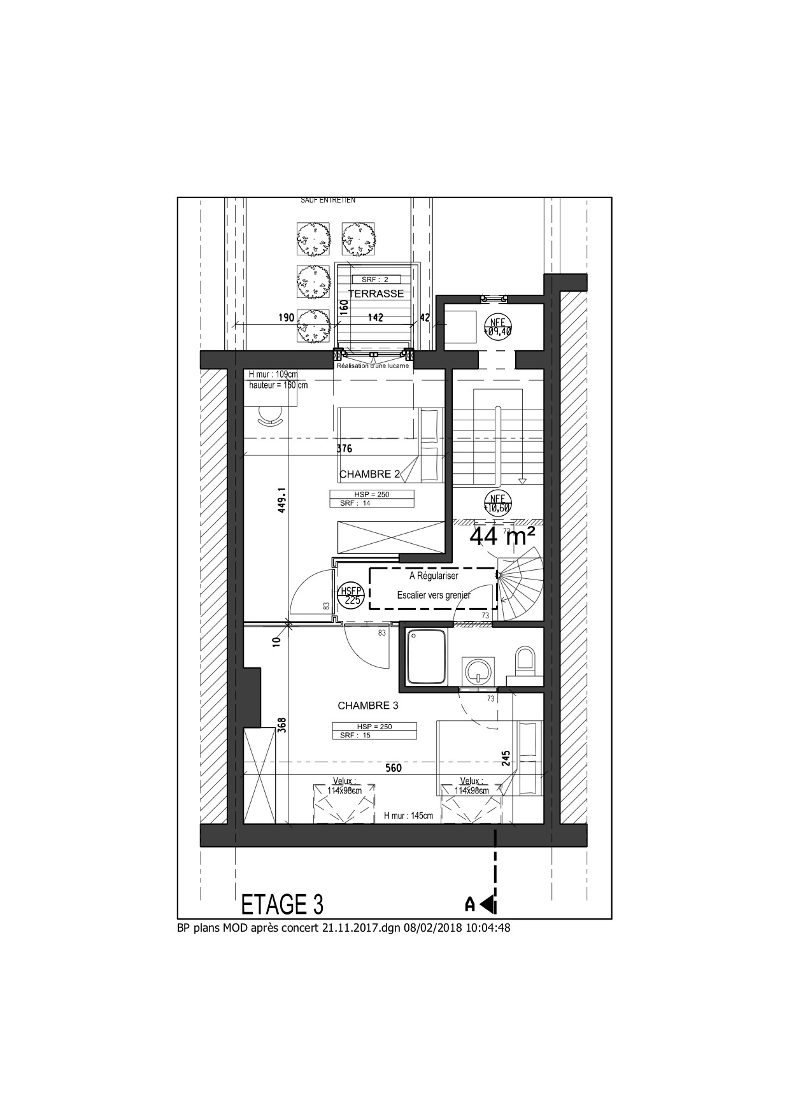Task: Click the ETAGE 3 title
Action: (282, 904)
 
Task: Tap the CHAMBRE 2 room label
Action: (370, 474)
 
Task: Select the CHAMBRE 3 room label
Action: (367, 706)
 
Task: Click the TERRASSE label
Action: (376, 294)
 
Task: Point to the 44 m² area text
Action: (502, 537)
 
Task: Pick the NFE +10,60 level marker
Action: (497, 503)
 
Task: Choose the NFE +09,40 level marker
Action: (497, 327)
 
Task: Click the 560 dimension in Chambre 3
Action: (394, 768)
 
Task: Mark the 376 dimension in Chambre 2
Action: (344, 448)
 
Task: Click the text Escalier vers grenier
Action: (434, 595)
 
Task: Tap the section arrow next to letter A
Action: (488, 904)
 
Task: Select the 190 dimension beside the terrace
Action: (286, 318)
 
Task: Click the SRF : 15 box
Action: (374, 735)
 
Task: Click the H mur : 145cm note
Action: (408, 816)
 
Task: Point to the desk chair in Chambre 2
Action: (270, 416)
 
